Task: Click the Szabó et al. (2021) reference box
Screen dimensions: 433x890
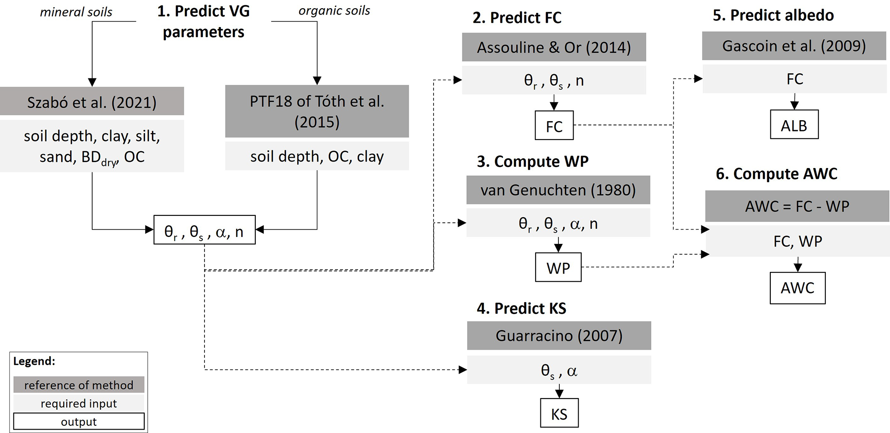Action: tap(92, 102)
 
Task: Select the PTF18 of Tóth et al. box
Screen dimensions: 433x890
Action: tap(317, 111)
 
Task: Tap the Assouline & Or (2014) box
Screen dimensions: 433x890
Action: tap(554, 47)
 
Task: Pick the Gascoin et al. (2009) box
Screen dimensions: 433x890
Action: tap(794, 46)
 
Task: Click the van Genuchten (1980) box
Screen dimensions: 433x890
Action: tap(558, 190)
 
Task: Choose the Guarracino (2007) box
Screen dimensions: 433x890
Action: tap(559, 335)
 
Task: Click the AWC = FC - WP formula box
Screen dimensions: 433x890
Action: tap(797, 206)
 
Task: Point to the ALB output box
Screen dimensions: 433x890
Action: tap(794, 125)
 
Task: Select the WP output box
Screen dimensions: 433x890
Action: tap(558, 268)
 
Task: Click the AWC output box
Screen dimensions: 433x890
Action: tap(797, 288)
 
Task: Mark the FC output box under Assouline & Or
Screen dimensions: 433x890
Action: tap(554, 126)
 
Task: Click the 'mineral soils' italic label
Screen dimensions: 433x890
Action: tap(76, 12)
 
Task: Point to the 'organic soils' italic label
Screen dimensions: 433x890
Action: tap(334, 11)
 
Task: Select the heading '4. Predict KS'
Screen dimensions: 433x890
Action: tap(521, 308)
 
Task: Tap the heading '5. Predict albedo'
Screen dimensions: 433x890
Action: tap(773, 15)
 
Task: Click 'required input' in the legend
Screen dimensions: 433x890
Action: tap(79, 403)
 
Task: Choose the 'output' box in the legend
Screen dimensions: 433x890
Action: tap(79, 421)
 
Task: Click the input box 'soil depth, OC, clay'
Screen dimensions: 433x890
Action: tap(317, 156)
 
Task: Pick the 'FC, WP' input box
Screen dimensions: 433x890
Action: tap(797, 241)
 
